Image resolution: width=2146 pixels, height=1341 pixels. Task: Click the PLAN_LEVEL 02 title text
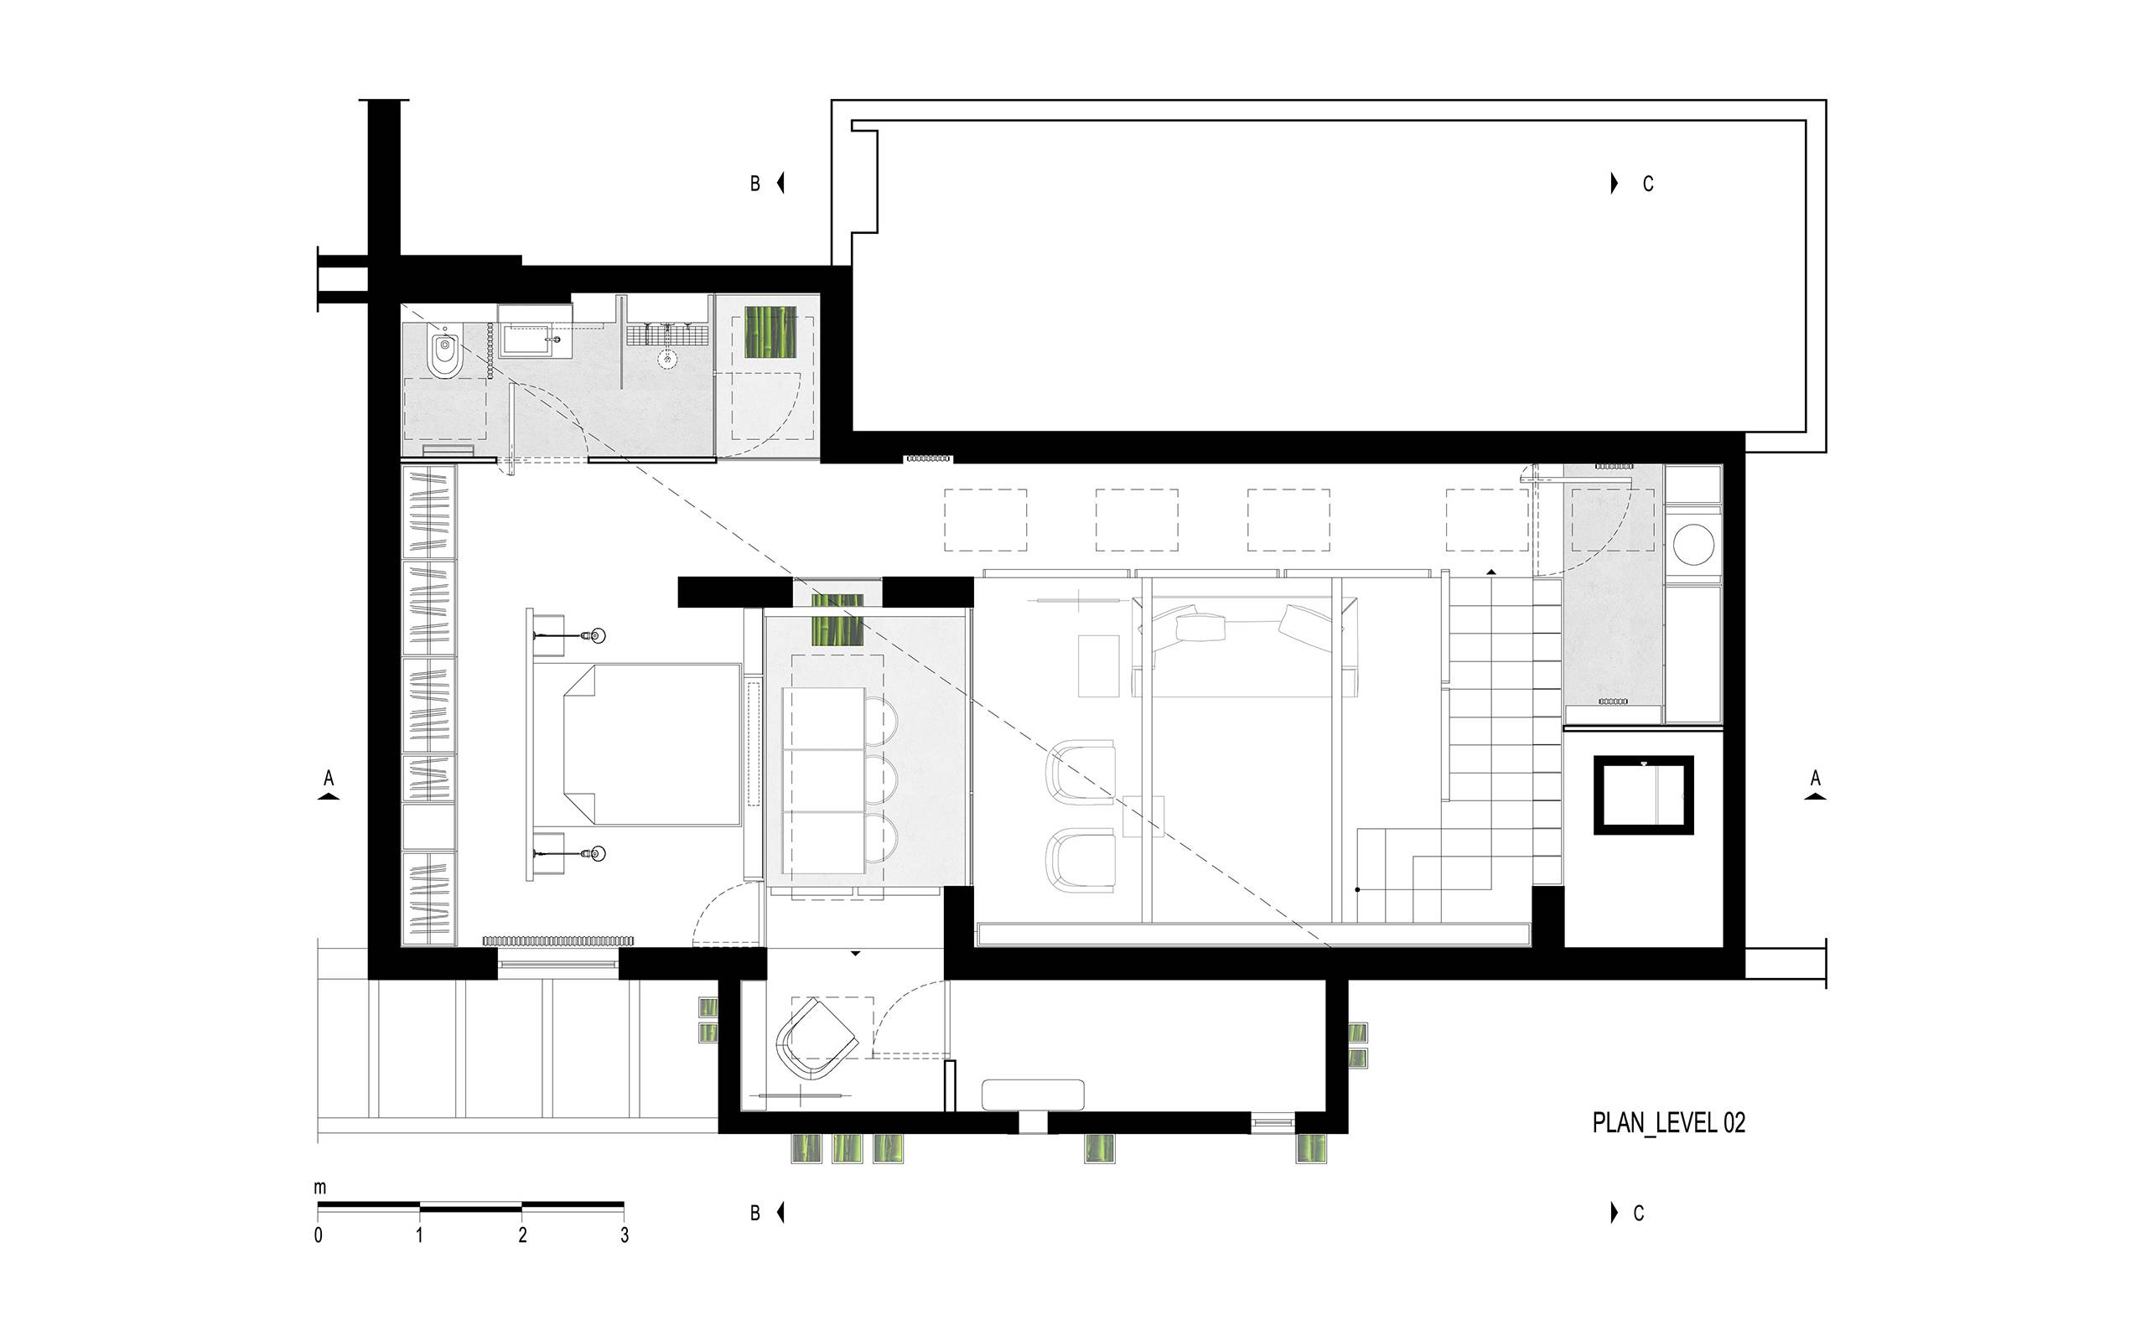click(x=1668, y=1123)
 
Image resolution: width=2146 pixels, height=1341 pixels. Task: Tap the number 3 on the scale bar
click(x=625, y=1235)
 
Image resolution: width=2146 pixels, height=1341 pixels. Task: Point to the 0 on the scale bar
click(x=319, y=1235)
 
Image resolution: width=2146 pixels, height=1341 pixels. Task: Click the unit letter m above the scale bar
click(x=320, y=1188)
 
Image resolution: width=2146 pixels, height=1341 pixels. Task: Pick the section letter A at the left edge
click(x=329, y=778)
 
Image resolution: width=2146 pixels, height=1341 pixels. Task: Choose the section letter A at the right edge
click(x=1815, y=778)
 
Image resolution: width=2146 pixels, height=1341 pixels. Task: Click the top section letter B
click(x=755, y=184)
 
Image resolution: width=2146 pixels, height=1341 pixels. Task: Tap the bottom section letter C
click(x=1639, y=1213)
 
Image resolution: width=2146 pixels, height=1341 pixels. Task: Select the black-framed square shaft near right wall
click(x=1643, y=795)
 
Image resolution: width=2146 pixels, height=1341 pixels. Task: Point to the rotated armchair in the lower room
click(x=815, y=1038)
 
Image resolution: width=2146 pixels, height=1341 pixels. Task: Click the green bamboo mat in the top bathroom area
click(x=770, y=332)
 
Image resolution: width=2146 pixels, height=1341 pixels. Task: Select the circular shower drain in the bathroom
click(x=668, y=359)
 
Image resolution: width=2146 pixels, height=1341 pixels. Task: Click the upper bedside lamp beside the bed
click(x=596, y=636)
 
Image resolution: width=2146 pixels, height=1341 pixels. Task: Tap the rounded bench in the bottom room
click(x=1033, y=1095)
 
